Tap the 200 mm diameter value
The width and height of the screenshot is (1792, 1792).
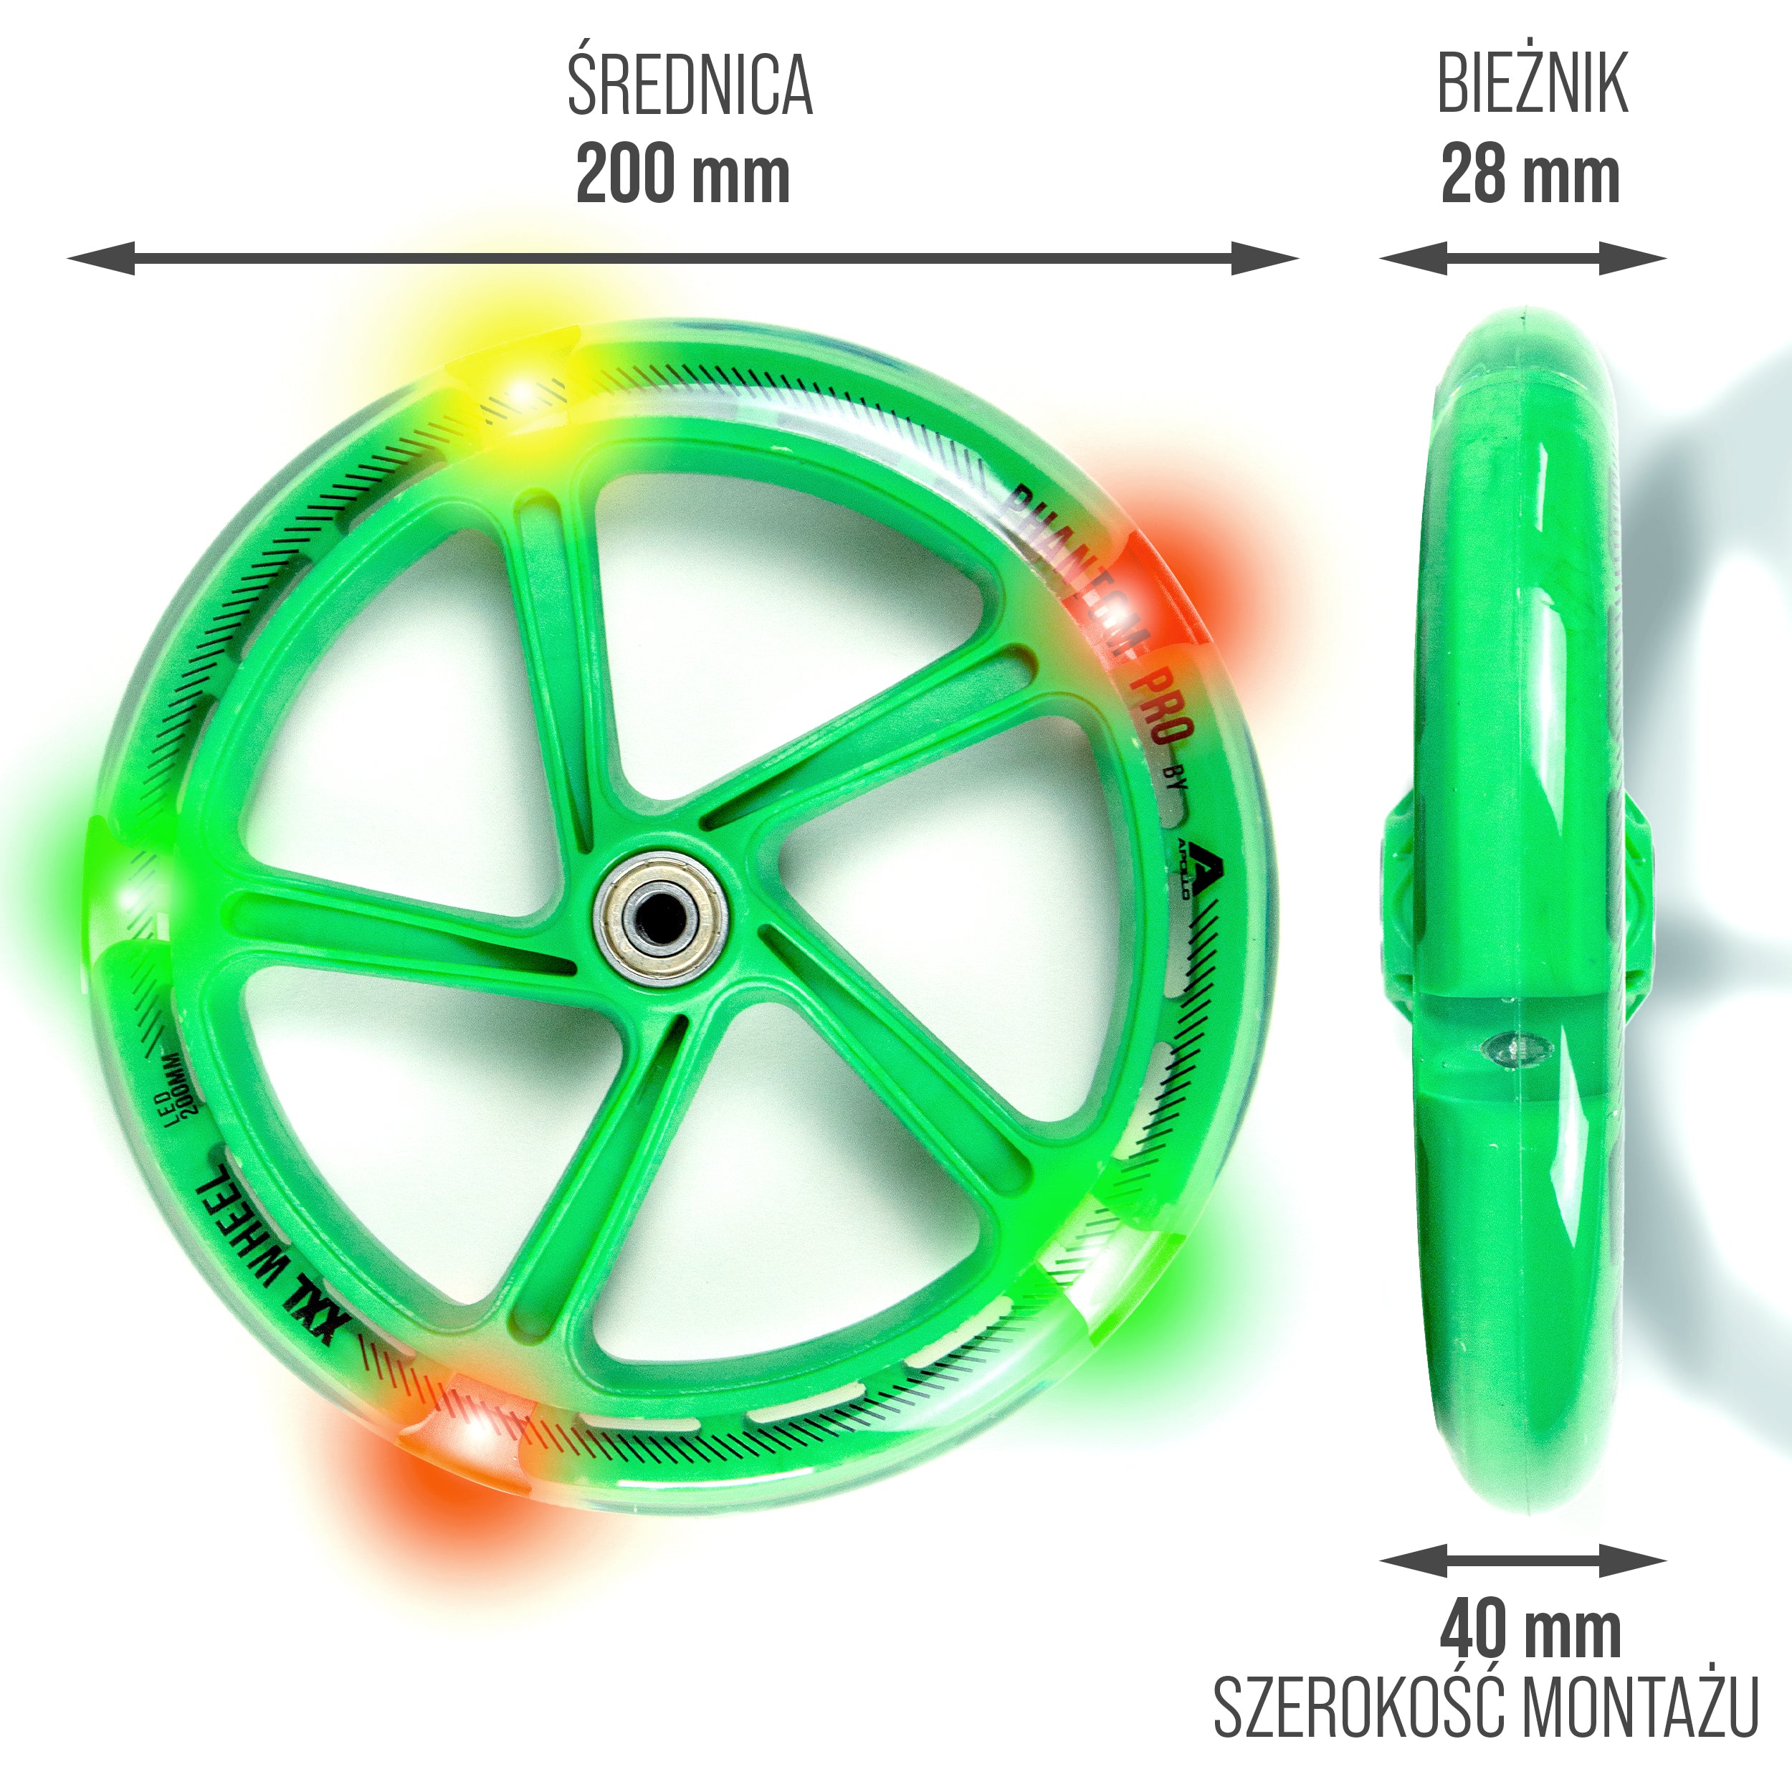coord(682,176)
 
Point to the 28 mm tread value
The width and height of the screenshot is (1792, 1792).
coord(1530,176)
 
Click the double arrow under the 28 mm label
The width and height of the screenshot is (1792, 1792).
coord(1522,258)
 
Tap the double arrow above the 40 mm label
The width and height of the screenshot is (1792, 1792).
coord(1522,1560)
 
